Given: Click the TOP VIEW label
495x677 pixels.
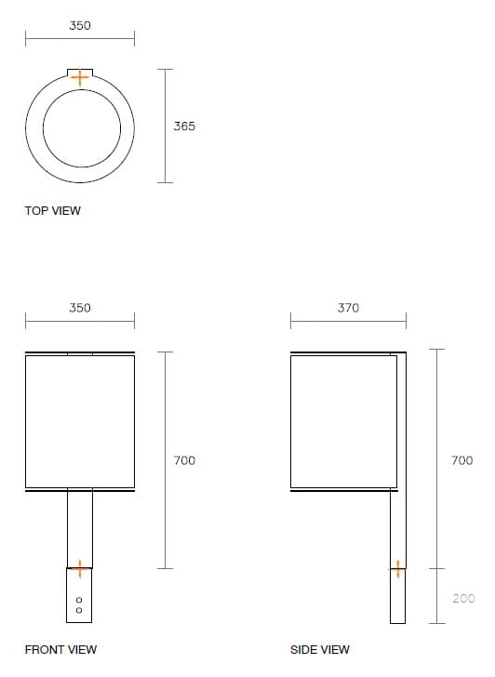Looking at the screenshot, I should pyautogui.click(x=52, y=211).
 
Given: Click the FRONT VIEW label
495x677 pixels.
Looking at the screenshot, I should pyautogui.click(x=60, y=649).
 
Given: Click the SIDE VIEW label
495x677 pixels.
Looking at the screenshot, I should pyautogui.click(x=320, y=649).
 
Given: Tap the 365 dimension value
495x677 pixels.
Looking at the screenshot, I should pyautogui.click(x=184, y=126).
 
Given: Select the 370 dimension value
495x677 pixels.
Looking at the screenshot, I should pyautogui.click(x=348, y=308).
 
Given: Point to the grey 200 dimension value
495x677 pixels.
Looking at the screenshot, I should pyautogui.click(x=463, y=598).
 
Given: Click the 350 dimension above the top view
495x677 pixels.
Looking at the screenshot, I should pyautogui.click(x=80, y=26).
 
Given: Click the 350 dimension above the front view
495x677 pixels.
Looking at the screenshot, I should pyautogui.click(x=80, y=308).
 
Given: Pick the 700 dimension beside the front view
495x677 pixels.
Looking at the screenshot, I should pyautogui.click(x=184, y=460).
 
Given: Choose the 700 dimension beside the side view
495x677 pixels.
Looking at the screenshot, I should pyautogui.click(x=462, y=460).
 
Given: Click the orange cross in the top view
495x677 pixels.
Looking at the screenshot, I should pyautogui.click(x=80, y=77).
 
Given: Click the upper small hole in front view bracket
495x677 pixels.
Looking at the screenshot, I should pyautogui.click(x=79, y=600).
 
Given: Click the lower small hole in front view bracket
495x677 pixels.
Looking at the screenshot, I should pyautogui.click(x=79, y=611).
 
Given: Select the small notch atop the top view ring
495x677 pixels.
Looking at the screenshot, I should pyautogui.click(x=80, y=71).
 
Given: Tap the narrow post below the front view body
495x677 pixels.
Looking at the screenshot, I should pyautogui.click(x=80, y=525).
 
